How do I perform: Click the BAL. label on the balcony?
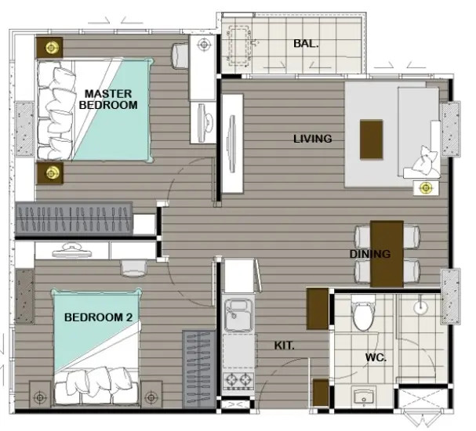[306, 44]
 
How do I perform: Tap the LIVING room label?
[312, 139]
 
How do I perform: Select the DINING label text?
[370, 254]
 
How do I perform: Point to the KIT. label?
[284, 346]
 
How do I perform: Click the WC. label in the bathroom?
[376, 357]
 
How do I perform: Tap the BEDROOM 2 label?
[98, 317]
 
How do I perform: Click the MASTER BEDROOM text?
[108, 100]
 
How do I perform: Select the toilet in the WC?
[363, 313]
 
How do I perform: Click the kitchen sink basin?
[239, 314]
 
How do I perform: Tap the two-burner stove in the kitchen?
[238, 381]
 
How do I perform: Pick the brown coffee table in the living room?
[371, 139]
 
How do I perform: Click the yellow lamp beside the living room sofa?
[426, 188]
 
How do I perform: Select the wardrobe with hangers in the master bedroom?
[74, 219]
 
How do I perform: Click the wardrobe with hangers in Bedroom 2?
[199, 369]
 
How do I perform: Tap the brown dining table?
[387, 254]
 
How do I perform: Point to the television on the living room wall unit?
[232, 143]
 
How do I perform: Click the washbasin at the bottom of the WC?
[364, 397]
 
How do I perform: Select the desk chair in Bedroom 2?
[133, 268]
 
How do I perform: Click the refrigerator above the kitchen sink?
[239, 275]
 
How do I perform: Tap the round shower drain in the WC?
[420, 307]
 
